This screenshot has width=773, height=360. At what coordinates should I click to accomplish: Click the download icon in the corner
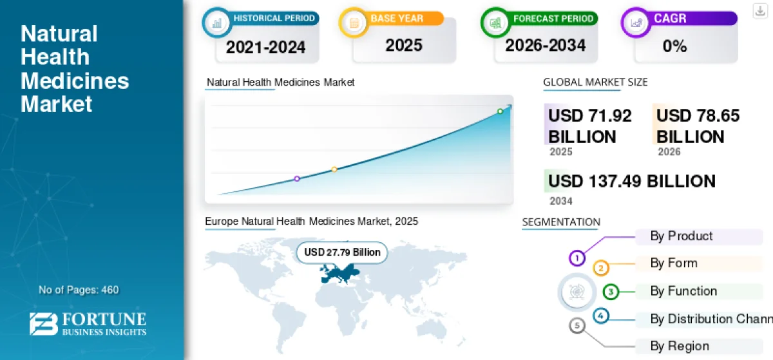tap(760, 11)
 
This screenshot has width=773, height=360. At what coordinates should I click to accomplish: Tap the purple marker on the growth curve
tap(297, 178)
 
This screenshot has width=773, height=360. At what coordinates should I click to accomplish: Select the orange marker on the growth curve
tap(334, 169)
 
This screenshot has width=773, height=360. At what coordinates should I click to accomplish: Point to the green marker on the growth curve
tap(500, 111)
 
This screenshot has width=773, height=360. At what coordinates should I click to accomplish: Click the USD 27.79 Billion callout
tap(342, 252)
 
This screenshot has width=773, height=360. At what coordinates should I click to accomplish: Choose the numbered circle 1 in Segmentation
tap(577, 258)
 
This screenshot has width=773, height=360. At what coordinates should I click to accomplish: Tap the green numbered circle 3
tap(611, 292)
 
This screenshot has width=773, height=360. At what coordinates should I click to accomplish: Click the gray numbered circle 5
tap(577, 325)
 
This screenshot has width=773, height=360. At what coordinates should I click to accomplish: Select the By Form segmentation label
tap(674, 263)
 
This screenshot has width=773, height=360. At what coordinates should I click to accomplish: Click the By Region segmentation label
tap(680, 346)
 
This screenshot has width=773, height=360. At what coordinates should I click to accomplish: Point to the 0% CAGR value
tap(674, 46)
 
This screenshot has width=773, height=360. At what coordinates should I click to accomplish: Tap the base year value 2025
tap(404, 45)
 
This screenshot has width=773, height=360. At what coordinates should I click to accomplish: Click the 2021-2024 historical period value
tap(265, 47)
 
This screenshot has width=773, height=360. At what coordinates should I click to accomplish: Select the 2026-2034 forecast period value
tap(545, 45)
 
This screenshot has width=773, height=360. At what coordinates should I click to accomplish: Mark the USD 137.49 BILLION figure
tap(631, 181)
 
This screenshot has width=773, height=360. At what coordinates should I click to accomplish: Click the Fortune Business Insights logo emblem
tap(44, 324)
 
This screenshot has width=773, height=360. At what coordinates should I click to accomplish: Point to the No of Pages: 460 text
tap(79, 290)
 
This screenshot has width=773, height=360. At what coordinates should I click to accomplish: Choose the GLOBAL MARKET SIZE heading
tap(595, 82)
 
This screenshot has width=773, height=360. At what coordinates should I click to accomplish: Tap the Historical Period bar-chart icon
tap(216, 23)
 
